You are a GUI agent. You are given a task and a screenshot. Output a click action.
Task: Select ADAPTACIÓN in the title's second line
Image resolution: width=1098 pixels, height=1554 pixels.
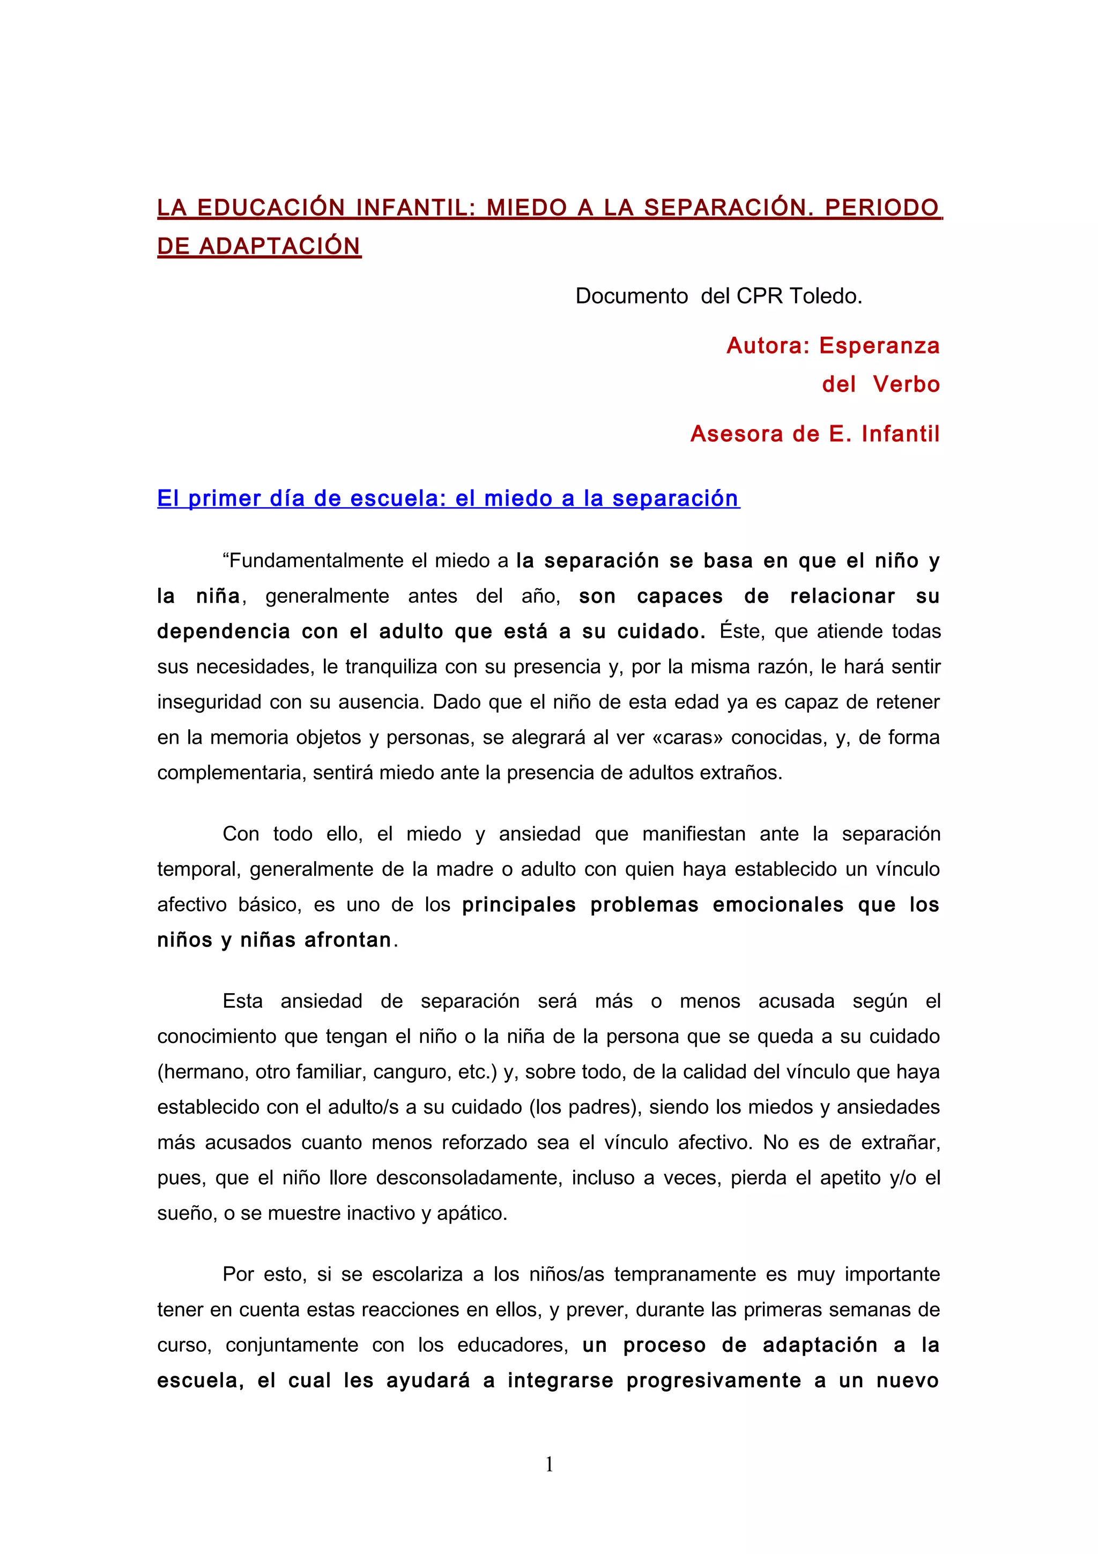click(x=279, y=246)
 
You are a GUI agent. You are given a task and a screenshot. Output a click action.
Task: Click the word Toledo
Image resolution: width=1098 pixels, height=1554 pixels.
click(x=825, y=296)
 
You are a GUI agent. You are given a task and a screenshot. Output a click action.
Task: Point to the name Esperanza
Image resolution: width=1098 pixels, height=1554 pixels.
click(x=879, y=346)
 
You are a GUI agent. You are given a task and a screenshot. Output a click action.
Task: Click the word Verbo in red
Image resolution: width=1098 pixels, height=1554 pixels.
click(x=906, y=384)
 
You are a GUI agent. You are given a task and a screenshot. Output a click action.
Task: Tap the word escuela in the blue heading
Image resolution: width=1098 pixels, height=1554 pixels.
click(x=398, y=498)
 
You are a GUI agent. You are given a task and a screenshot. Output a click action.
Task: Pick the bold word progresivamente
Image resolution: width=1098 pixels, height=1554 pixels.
click(x=713, y=1380)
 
